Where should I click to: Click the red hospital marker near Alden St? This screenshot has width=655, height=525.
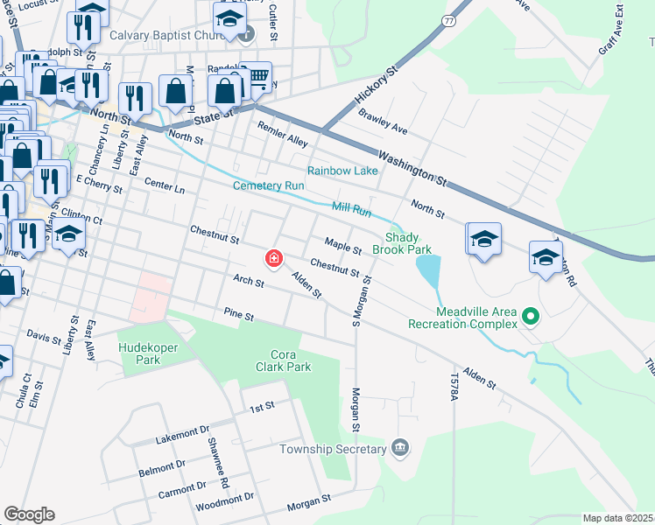click(x=274, y=258)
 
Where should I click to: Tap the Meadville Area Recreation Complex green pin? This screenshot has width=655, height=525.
click(x=529, y=316)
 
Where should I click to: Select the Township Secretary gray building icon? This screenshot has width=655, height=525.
click(x=401, y=449)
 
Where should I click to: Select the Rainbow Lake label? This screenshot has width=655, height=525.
click(x=342, y=171)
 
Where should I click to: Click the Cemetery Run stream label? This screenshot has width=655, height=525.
click(x=268, y=185)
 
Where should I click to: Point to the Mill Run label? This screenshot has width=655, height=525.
click(x=351, y=208)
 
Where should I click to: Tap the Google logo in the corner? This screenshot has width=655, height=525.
click(x=29, y=514)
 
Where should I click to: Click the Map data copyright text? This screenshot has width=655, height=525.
click(x=617, y=518)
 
